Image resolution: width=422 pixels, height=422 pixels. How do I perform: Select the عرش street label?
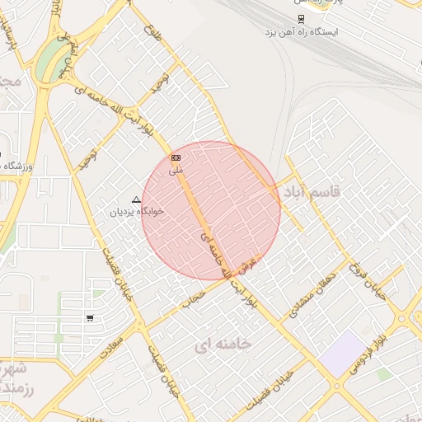click(250, 265)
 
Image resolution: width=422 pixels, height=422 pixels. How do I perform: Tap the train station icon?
click(302, 18)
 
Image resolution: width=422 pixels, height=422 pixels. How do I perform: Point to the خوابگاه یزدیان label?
click(138, 211)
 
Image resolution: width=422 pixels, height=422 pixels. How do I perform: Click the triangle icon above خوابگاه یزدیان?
click(137, 199)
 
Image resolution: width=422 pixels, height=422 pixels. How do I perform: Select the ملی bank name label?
click(175, 171)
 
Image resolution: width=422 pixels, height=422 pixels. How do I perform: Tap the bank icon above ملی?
click(175, 157)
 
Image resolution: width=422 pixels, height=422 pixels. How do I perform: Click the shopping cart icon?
click(89, 317)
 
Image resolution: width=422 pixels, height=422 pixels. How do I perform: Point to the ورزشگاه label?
click(16, 166)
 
